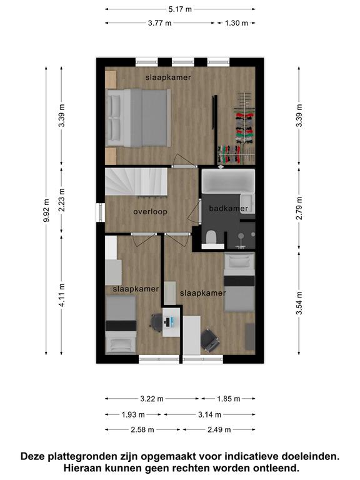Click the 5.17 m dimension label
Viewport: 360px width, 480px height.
[x=180, y=9]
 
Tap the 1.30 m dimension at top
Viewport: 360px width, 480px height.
[x=236, y=22]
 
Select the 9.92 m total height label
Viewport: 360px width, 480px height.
[x=46, y=211]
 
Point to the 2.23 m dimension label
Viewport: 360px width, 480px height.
[x=61, y=200]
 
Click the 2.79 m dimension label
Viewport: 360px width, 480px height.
[x=299, y=209]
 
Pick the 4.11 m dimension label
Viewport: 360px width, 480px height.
[x=61, y=295]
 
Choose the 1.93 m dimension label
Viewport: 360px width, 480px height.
[x=133, y=414]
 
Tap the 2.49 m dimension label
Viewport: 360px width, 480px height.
[x=219, y=430]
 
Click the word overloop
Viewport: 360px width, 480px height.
[x=150, y=211]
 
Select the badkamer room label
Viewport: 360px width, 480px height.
[x=228, y=209]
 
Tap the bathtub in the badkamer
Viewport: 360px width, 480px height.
[x=228, y=181]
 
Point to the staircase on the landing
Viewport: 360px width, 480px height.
[x=136, y=181]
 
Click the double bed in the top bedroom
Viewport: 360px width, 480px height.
[x=138, y=117]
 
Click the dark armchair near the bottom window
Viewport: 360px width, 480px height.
[x=210, y=340]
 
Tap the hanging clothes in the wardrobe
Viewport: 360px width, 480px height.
[x=244, y=128]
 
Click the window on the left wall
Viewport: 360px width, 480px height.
[x=101, y=212]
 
